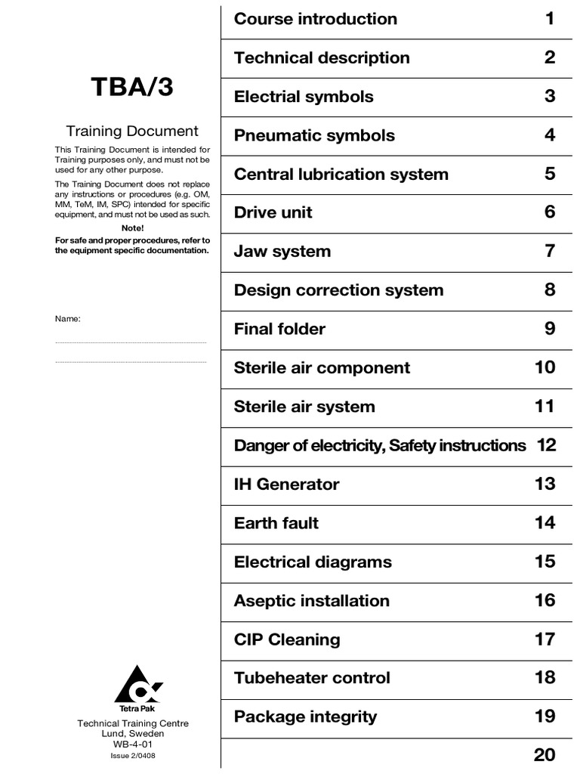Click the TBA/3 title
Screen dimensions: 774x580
tap(133, 88)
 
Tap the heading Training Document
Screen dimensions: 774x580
tap(132, 132)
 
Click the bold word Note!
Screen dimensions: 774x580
tap(132, 228)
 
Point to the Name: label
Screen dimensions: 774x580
tap(68, 318)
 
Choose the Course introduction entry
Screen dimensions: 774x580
tap(316, 19)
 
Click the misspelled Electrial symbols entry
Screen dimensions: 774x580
tap(304, 97)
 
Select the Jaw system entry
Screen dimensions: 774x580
tap(282, 252)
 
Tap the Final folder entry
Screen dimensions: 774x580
tap(279, 329)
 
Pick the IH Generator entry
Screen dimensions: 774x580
tap(287, 485)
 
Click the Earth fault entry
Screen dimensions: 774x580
tap(276, 523)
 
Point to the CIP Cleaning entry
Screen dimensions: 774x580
tap(287, 640)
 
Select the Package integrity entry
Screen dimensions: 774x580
tap(305, 717)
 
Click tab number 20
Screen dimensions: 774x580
tap(545, 754)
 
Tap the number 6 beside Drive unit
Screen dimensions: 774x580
tap(550, 212)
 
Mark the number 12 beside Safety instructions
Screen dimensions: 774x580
tap(546, 445)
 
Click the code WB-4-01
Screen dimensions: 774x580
tap(133, 745)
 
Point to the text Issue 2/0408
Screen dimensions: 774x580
tap(133, 755)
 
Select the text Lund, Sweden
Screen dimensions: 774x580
tap(133, 734)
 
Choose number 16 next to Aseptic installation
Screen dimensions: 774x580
tap(545, 601)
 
